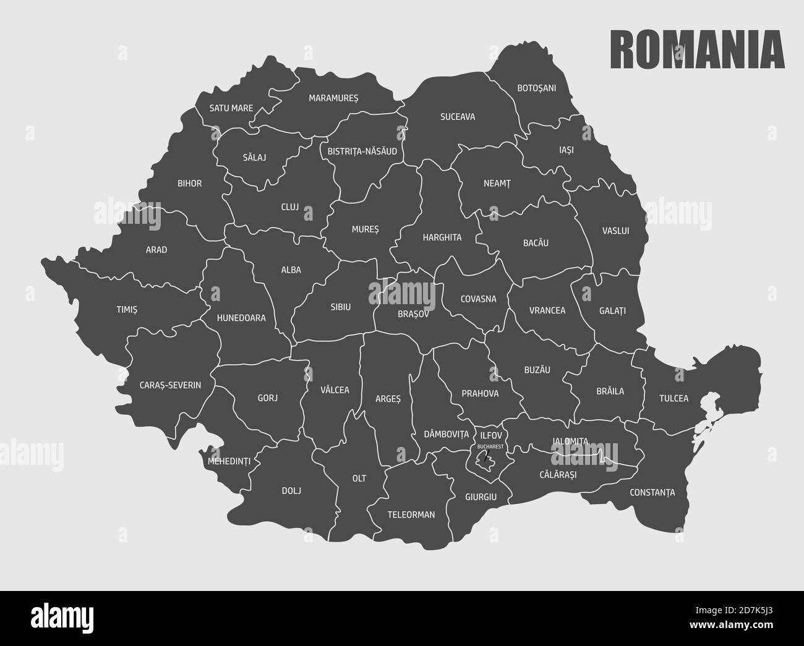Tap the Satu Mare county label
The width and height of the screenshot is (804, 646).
[231, 108]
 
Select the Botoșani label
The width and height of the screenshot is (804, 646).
[536, 88]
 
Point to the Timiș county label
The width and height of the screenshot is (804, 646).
[126, 310]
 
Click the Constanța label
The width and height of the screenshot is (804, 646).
[652, 493]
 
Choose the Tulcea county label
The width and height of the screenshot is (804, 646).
[674, 398]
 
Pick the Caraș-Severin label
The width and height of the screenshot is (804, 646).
[170, 385]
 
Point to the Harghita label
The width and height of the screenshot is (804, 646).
[442, 237]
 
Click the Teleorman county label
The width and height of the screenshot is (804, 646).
[411, 514]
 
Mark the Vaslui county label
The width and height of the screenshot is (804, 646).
[615, 231]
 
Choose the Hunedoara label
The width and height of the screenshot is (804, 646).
[241, 318]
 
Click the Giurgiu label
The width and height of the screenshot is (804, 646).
[481, 496]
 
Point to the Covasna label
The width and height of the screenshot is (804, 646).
[478, 299]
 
